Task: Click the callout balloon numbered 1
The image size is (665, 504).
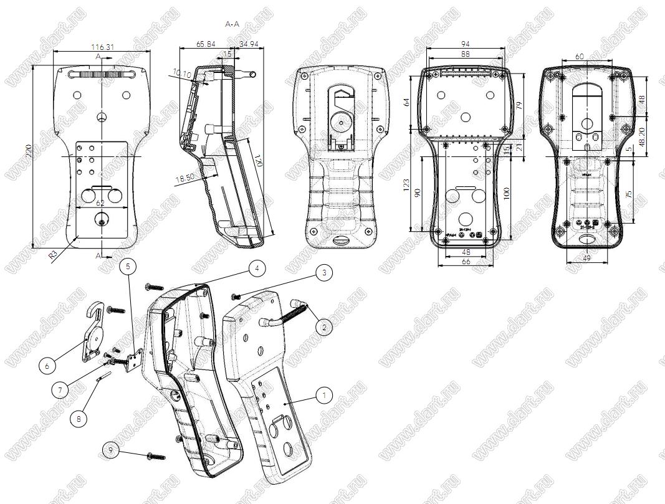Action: (x=323, y=394)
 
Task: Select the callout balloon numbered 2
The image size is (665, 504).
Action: (x=323, y=326)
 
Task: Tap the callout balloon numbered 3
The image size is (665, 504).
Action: (x=323, y=272)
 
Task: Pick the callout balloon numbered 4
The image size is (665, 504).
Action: (x=257, y=268)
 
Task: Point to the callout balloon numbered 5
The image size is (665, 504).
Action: (x=128, y=267)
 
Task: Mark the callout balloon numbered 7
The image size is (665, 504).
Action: (x=60, y=390)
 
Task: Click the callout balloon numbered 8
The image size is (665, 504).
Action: (x=79, y=419)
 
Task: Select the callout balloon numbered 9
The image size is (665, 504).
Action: (x=110, y=449)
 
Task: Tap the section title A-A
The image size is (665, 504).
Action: (x=232, y=24)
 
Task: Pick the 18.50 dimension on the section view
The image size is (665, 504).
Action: (x=185, y=179)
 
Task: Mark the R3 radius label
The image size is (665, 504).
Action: (x=54, y=253)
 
